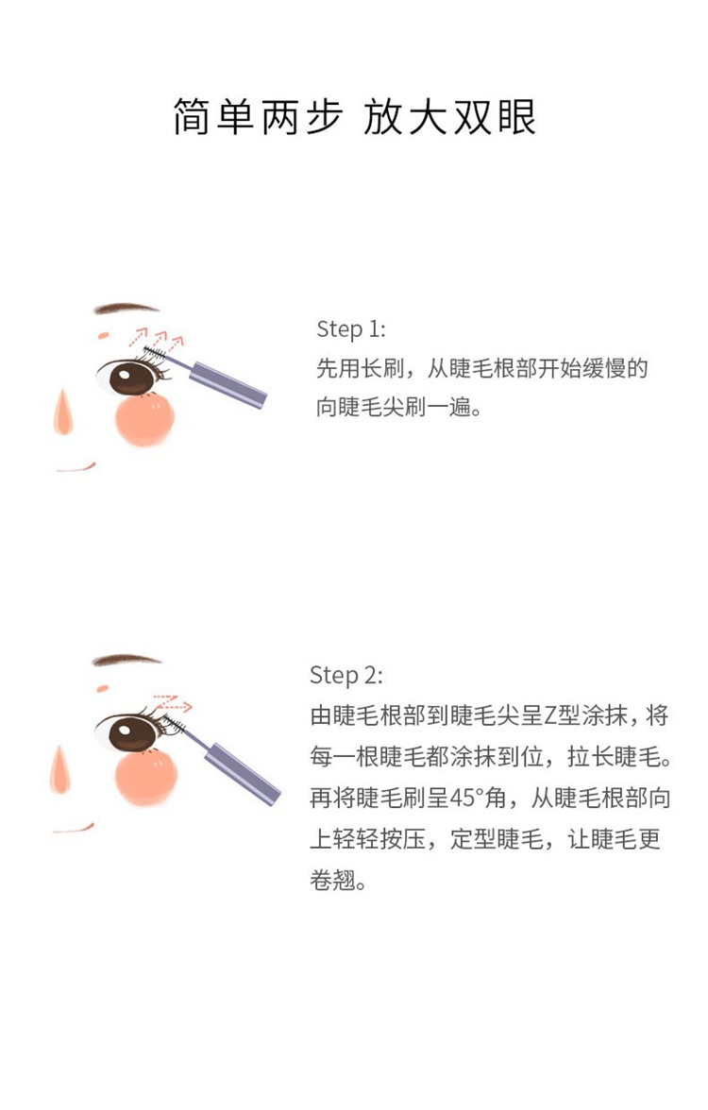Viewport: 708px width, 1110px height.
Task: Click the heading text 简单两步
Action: click(258, 117)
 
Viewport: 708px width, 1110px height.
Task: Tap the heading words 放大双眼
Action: click(449, 117)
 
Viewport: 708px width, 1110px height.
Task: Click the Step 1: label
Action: click(350, 329)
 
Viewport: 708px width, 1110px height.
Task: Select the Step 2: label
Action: click(346, 676)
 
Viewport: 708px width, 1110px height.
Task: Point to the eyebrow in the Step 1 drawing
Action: click(126, 308)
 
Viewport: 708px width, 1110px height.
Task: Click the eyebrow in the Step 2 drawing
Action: click(126, 660)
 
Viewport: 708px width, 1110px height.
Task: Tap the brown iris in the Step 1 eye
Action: click(132, 378)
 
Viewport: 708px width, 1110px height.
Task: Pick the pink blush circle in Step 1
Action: click(144, 419)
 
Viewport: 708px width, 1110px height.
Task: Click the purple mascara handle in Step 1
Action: click(229, 384)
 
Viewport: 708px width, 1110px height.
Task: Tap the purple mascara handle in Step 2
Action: click(242, 773)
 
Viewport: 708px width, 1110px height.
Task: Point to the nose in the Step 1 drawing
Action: click(64, 413)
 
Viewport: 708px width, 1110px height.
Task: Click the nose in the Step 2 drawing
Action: click(60, 770)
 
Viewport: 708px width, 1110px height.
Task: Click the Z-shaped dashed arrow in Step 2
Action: click(172, 703)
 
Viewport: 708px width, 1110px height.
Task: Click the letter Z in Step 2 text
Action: click(550, 715)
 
